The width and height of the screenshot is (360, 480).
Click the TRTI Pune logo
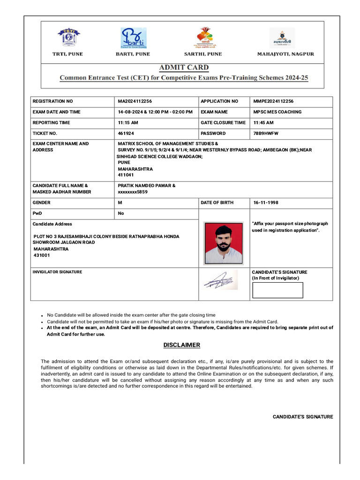click(68, 37)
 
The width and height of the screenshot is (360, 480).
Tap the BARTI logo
click(134, 37)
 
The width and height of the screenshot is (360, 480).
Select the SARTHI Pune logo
click(206, 37)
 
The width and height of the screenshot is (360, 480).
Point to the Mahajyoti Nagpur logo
click(282, 37)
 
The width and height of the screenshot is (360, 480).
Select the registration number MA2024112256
click(135, 101)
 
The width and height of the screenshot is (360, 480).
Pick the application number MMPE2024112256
click(273, 101)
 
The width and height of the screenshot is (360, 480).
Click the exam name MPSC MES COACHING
click(277, 112)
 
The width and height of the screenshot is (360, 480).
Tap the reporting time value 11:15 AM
click(128, 123)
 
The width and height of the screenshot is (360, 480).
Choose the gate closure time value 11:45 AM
click(263, 123)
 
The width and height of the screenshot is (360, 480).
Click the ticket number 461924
click(126, 134)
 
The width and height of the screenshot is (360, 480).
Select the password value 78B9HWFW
click(266, 134)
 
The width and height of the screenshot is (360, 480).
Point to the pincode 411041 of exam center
click(126, 175)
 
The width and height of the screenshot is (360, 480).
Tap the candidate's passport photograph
click(224, 243)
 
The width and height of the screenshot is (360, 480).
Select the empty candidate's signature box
click(277, 290)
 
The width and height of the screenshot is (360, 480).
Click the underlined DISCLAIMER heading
click(182, 345)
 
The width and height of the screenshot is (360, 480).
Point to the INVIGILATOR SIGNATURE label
click(57, 272)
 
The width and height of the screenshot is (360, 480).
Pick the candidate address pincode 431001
click(42, 255)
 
